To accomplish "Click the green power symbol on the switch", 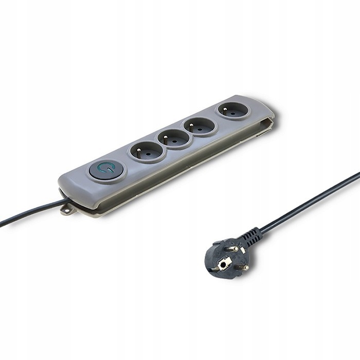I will pos(106,169).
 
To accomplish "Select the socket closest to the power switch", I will pos(147,151).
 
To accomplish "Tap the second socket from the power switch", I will pos(174,138).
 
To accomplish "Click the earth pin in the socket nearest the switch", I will pos(147,148).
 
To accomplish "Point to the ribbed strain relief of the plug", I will pos(253,237).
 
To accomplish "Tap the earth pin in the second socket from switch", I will pos(174,135).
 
